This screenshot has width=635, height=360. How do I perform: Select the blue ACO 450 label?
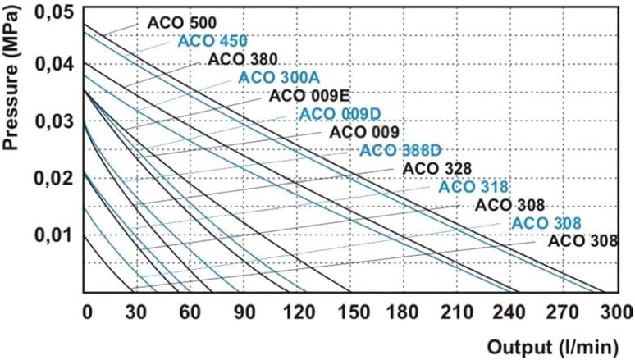click(x=212, y=41)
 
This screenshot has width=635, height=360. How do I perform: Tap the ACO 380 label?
click(x=243, y=59)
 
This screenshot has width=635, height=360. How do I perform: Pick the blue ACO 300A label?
click(x=273, y=77)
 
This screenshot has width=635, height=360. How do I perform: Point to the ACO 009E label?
click(x=304, y=96)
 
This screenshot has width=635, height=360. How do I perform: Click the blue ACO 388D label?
click(x=400, y=150)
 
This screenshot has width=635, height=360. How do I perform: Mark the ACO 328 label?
click(x=436, y=168)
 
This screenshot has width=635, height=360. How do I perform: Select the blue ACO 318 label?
click(x=473, y=187)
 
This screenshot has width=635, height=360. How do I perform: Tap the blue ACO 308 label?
click(x=546, y=223)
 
